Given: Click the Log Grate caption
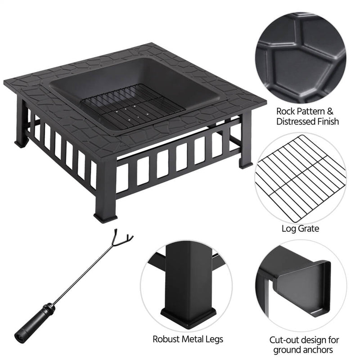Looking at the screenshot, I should (x=300, y=229).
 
